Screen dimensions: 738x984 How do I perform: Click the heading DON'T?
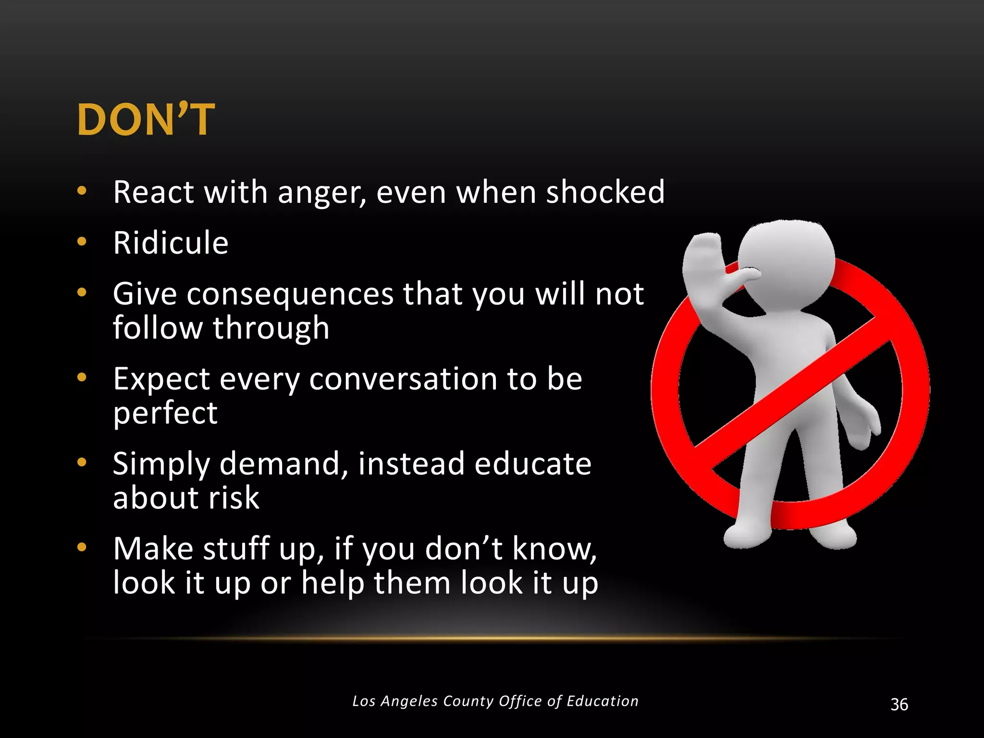146,120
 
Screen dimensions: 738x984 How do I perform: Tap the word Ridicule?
171,243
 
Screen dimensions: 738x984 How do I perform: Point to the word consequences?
290,294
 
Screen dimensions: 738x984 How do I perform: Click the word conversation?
404,379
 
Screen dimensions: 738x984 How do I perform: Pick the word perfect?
165,413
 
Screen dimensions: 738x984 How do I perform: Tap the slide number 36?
899,704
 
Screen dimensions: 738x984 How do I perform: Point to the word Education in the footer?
603,701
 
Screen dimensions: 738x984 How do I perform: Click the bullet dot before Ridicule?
82,241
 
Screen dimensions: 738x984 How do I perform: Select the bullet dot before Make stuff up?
82,547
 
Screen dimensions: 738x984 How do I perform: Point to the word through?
271,328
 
